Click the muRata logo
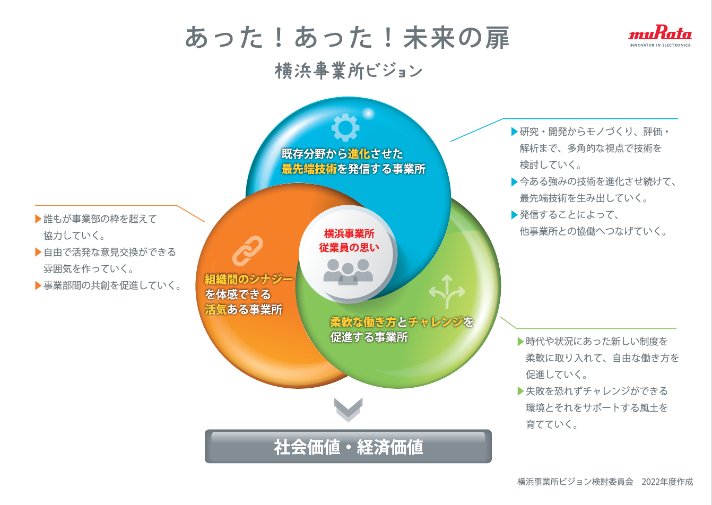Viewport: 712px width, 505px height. tap(659, 34)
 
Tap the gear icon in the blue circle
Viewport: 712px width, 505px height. tap(345, 127)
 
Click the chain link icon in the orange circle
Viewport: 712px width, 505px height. tap(248, 250)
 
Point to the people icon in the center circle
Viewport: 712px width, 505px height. tap(348, 271)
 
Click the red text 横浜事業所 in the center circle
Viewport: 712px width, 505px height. tap(349, 233)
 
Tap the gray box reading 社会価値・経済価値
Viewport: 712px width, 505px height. tap(348, 446)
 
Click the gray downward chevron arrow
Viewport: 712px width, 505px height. tap(348, 410)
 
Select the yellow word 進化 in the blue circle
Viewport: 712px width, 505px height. tap(359, 154)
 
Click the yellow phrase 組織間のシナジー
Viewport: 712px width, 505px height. tap(249, 279)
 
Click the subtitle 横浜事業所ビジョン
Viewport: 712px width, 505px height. tap(349, 71)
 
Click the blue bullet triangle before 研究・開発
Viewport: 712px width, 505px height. tap(514, 132)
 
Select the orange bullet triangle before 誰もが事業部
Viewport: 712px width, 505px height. tap(38, 219)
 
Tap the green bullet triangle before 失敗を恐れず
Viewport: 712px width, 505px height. tap(520, 391)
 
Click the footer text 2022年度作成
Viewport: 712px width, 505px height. tap(667, 482)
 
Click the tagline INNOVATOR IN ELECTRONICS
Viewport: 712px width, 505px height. tap(659, 46)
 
